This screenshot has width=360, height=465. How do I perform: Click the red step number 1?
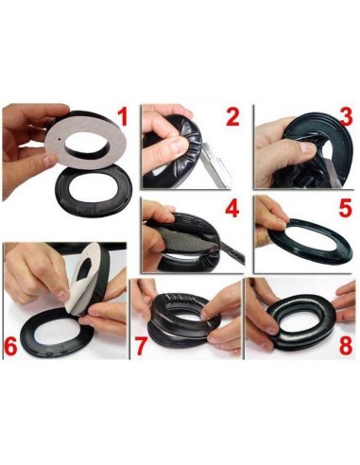tap(121, 118)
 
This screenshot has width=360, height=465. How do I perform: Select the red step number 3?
tap(346, 118)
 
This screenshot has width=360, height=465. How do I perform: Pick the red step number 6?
tap(12, 346)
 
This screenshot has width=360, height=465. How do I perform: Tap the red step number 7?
tap(142, 345)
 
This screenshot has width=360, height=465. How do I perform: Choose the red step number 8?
tap(345, 345)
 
